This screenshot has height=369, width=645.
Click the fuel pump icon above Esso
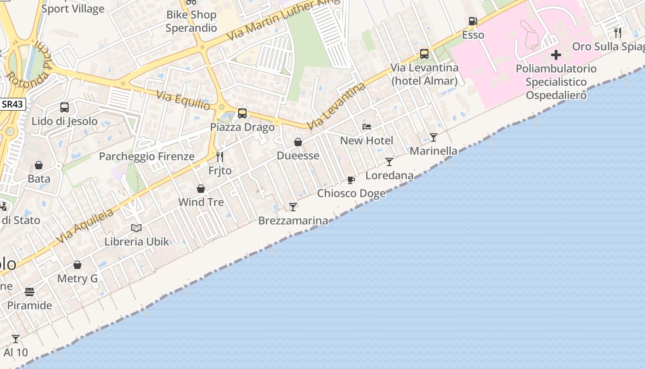tap(473, 21)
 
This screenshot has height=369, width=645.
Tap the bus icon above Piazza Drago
tap(242, 113)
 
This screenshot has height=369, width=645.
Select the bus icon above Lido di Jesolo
tap(64, 107)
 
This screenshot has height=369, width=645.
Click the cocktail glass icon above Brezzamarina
tap(293, 207)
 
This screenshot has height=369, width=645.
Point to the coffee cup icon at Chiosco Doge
tap(351, 180)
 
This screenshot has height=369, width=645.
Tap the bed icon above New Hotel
tap(367, 127)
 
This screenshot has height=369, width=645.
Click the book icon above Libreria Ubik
tap(136, 228)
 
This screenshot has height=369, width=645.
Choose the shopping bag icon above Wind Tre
tap(201, 189)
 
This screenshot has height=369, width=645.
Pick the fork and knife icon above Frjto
tap(220, 157)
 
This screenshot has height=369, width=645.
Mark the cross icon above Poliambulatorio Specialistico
tap(556, 55)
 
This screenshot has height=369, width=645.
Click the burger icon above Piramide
tap(29, 292)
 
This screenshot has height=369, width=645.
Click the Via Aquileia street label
tap(85, 226)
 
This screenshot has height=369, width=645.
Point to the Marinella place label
tap(434, 151)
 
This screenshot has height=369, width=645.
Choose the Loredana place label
tap(389, 175)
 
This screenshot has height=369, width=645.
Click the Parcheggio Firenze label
tap(147, 156)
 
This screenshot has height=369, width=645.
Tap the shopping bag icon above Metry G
tap(77, 265)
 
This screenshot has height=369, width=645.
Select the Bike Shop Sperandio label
tap(191, 21)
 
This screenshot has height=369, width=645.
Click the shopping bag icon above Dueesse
tap(298, 142)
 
